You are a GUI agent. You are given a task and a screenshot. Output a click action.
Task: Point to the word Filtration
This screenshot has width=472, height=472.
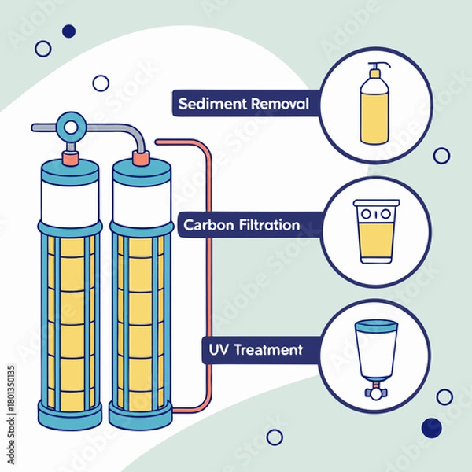tap(268, 225)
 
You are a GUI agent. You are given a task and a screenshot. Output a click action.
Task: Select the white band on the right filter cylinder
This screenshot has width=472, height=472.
tap(141, 199)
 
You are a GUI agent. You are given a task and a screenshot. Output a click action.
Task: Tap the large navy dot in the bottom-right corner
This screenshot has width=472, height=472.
tap(431, 427)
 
